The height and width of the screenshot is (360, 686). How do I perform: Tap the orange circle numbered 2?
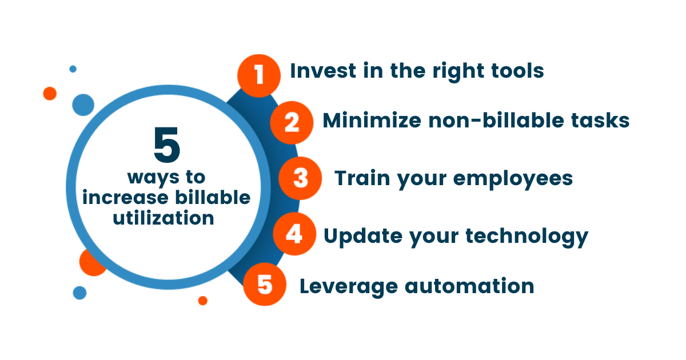pos(292,122)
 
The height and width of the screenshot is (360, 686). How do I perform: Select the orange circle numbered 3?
pos(300,178)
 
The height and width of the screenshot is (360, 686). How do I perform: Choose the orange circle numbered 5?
pos(264,284)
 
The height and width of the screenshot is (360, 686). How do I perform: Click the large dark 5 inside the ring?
pos(167,146)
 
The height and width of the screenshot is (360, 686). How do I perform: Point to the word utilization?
pos(163,218)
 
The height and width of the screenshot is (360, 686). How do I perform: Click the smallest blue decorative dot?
pos(73,69)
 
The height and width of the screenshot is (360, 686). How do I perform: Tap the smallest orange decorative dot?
pos(202,301)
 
